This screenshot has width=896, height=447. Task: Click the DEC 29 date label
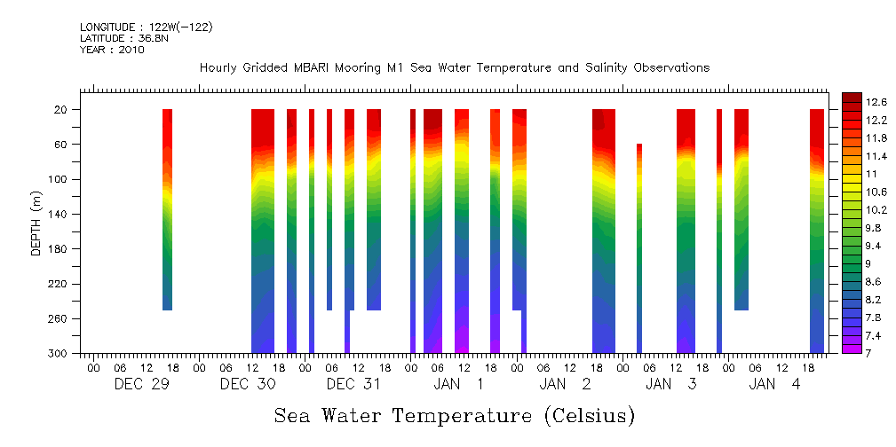pos(142,384)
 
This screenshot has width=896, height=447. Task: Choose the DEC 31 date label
pos(353,384)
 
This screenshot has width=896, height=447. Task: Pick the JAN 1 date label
pos(459,384)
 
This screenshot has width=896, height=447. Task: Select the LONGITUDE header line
pos(146,27)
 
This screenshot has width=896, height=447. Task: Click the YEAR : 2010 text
pos(112,50)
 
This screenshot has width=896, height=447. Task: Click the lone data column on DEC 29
pos(167,209)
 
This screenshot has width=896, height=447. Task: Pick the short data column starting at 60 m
pos(639,248)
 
